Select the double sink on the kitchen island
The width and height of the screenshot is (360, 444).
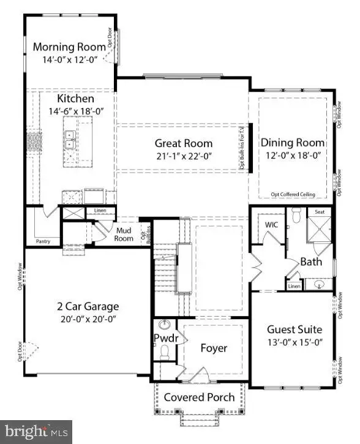pyautogui.click(x=70, y=140)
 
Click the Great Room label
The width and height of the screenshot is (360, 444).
pyautogui.click(x=183, y=143)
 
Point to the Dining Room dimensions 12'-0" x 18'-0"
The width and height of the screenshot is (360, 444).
pyautogui.click(x=293, y=156)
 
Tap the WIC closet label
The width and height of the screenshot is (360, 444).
pyautogui.click(x=272, y=224)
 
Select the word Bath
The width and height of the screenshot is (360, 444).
pyautogui.click(x=310, y=262)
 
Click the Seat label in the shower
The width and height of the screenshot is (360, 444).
pyautogui.click(x=319, y=212)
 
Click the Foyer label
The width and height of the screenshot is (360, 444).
pyautogui.click(x=214, y=348)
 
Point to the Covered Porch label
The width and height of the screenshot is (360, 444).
pyautogui.click(x=199, y=397)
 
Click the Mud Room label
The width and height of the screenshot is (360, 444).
pyautogui.click(x=125, y=235)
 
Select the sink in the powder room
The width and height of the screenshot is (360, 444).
pyautogui.click(x=165, y=325)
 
